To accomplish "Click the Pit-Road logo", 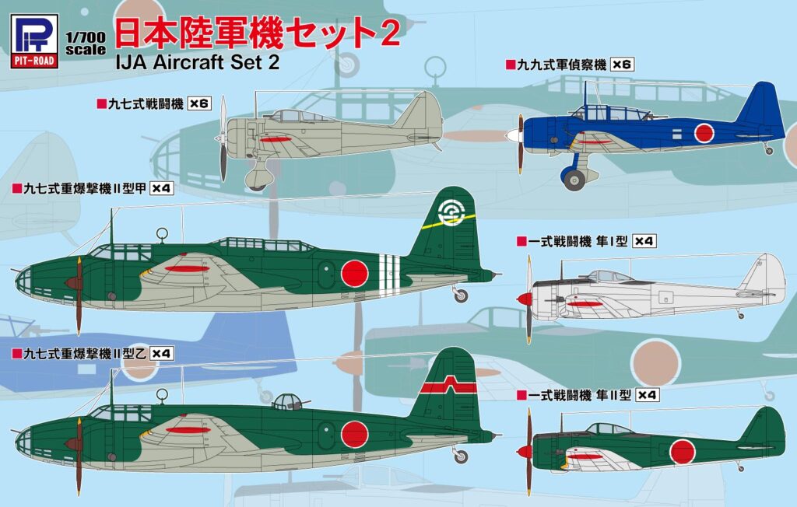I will coord(35,40).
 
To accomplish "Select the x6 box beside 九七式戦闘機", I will coord(201,103).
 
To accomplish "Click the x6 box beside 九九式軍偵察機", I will coord(623,65).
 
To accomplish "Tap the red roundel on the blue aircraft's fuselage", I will coord(704,133).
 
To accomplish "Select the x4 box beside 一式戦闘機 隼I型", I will coord(645,241).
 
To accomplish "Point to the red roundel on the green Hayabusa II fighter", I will coord(683,451).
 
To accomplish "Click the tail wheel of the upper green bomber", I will coord(461,295).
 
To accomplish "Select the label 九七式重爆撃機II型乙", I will coord(79,353).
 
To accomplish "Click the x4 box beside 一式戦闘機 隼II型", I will coord(647,395).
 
